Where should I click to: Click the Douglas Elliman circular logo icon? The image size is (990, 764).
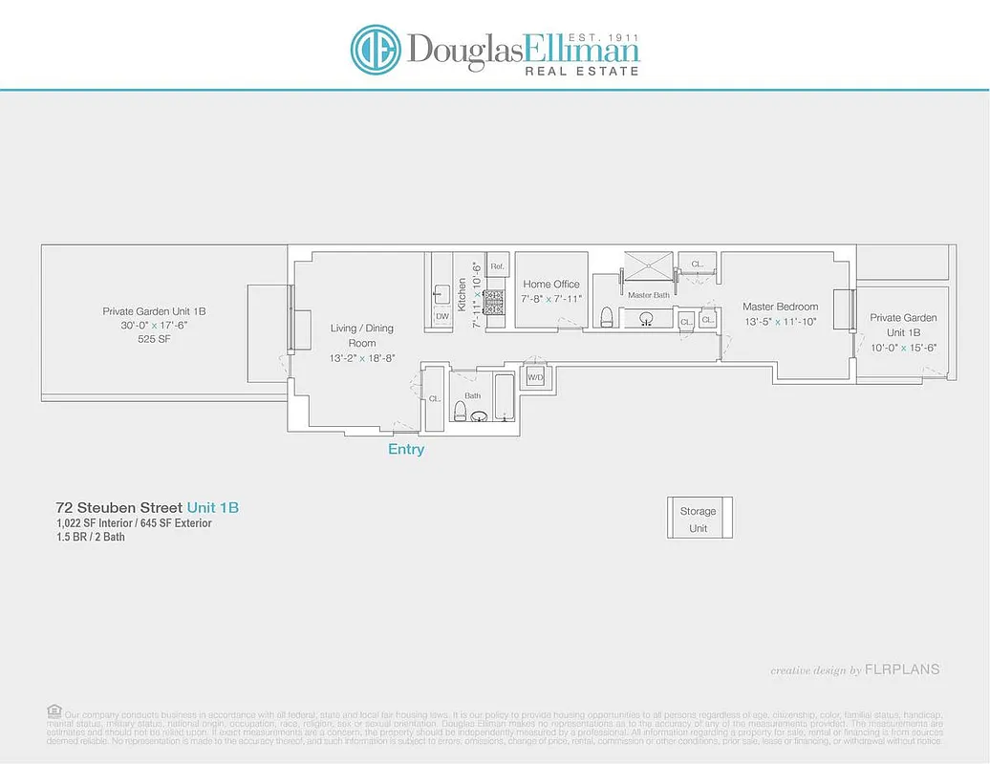pos(375,50)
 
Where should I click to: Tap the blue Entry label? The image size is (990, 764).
pos(406,449)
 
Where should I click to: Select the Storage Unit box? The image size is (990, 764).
pos(699,519)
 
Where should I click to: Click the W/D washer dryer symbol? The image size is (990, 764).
pos(535,376)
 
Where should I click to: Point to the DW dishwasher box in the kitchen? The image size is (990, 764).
pos(441,316)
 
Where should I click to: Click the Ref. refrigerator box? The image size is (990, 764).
pos(497,266)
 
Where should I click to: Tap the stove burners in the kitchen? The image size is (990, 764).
pos(496,303)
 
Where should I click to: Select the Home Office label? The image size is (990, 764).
pos(551,284)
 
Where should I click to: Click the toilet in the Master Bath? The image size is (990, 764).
pos(605,316)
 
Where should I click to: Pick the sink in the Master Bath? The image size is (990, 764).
pos(647,319)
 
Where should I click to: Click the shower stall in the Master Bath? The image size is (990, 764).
pos(648,266)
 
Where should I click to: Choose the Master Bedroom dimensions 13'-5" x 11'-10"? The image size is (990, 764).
pos(781,321)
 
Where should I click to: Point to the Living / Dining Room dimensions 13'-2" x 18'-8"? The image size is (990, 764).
pos(362,357)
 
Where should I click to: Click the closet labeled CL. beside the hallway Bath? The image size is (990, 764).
pos(433,398)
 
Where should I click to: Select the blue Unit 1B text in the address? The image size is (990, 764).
pos(213,507)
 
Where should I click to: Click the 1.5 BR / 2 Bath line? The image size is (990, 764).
pos(91,537)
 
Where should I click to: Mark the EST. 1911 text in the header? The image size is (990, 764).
pos(603,37)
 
